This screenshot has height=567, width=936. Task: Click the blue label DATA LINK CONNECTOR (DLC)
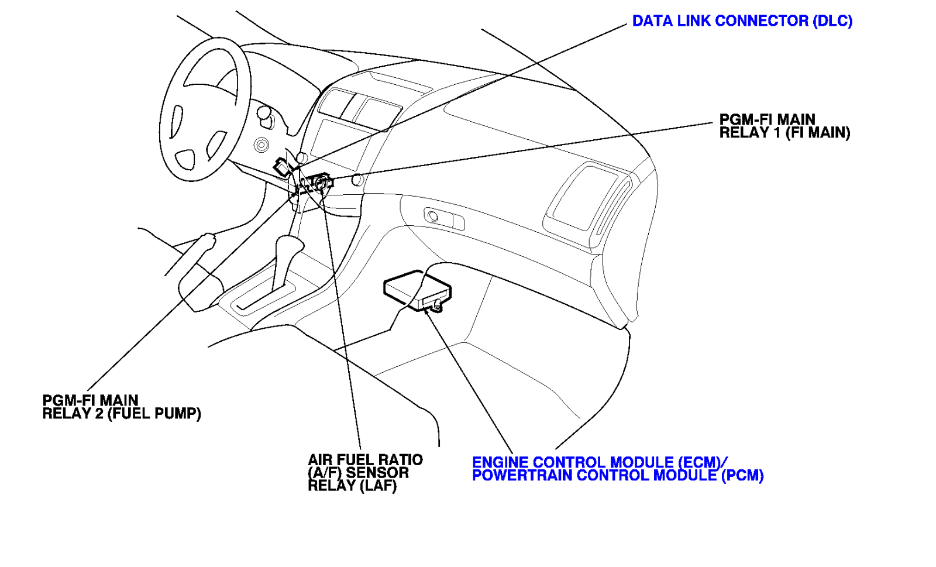742,21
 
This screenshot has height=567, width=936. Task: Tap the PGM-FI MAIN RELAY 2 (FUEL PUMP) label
121,407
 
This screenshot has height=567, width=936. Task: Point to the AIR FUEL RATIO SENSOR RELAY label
365,473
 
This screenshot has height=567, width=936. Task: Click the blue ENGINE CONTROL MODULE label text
600,463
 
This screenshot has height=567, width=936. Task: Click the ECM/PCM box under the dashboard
417,290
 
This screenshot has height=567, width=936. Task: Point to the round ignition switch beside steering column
261,144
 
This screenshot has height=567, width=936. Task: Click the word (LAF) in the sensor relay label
378,486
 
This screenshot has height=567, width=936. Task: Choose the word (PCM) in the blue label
742,476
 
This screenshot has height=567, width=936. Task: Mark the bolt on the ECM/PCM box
437,304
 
